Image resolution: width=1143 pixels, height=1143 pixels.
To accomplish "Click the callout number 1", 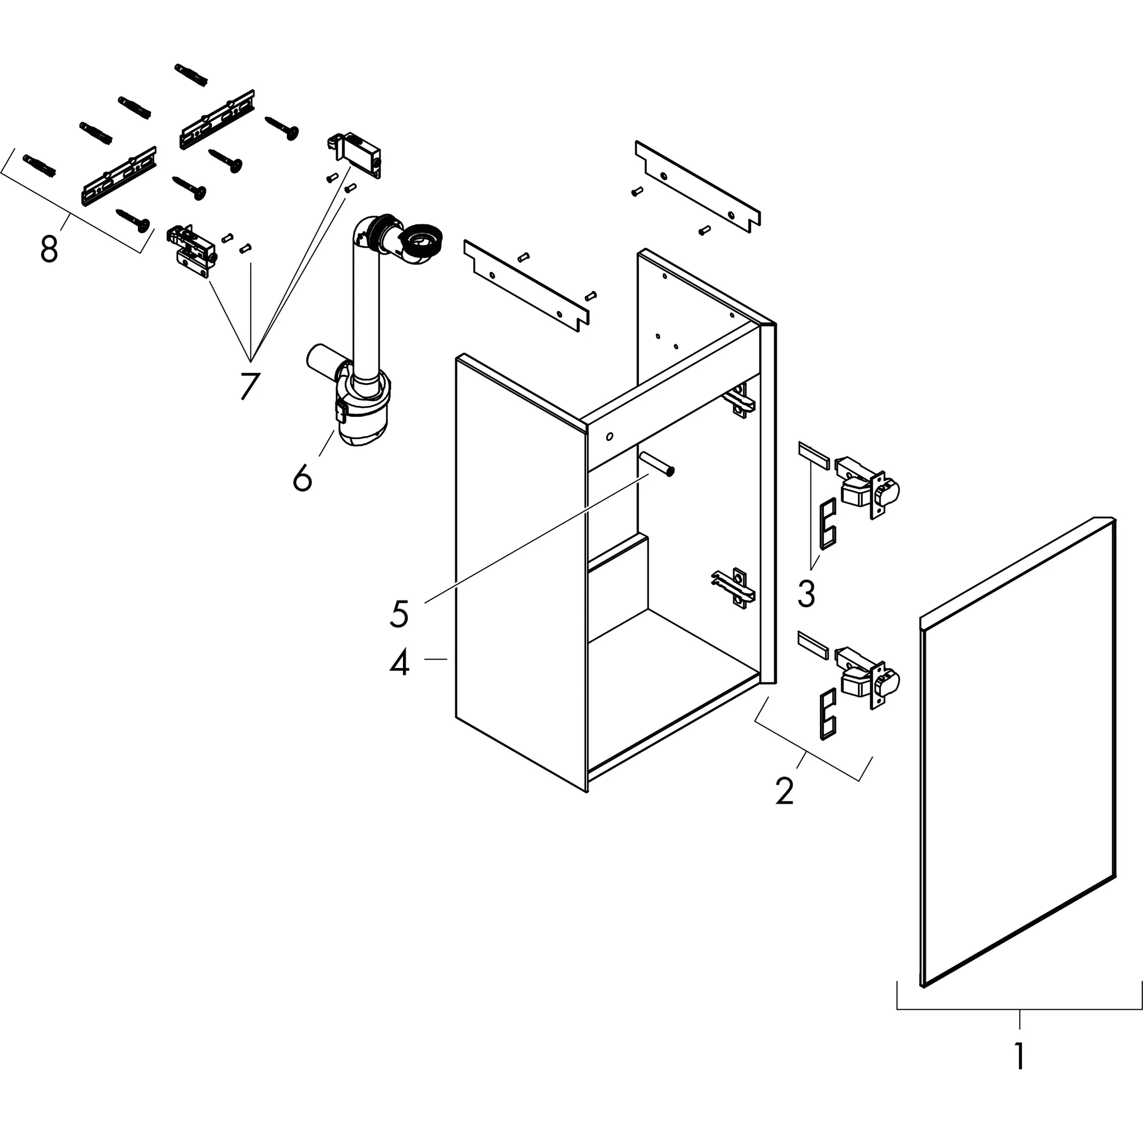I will tap(1019, 1055).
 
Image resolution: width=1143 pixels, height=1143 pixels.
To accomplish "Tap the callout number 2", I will tap(785, 791).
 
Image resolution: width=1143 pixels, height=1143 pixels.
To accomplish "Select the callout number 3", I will tap(806, 593).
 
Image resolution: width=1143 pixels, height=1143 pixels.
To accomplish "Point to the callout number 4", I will tap(400, 662).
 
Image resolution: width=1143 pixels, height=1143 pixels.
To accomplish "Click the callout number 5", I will tap(400, 613).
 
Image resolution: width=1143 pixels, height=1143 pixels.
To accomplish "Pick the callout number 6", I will tap(302, 477).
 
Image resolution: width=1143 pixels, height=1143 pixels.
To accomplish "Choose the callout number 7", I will tap(249, 386).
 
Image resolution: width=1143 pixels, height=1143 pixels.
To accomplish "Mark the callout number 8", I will tap(49, 248).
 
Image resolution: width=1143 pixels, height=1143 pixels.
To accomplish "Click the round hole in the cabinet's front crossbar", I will tap(609, 437).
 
